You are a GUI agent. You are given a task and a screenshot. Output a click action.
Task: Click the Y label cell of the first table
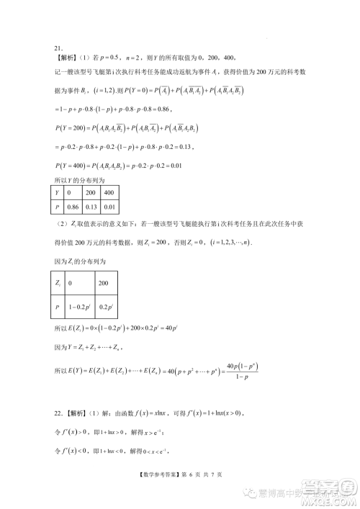click(x=58, y=194)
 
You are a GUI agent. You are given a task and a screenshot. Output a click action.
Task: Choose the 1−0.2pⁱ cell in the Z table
click(x=79, y=307)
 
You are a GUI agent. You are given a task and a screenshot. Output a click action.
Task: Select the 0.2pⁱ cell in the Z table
click(x=106, y=307)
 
